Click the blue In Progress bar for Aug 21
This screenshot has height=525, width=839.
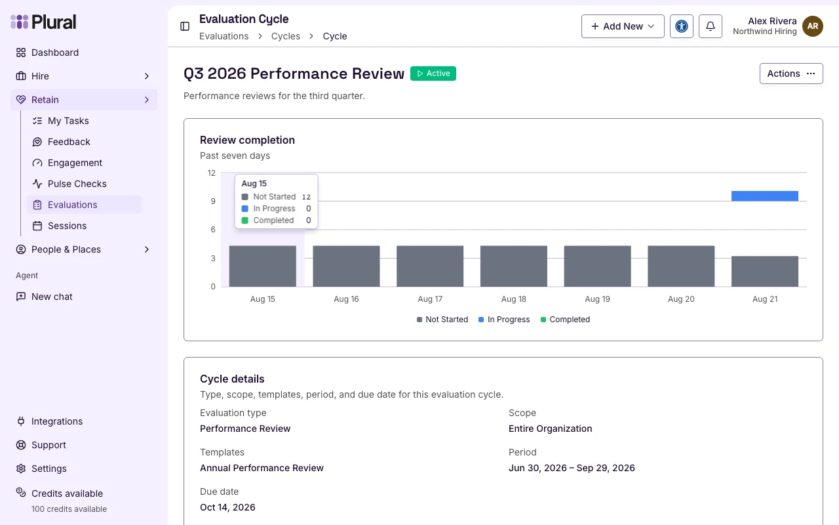click(x=764, y=196)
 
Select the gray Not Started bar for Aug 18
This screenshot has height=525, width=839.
click(x=513, y=266)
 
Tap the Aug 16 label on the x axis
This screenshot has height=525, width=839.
click(x=346, y=299)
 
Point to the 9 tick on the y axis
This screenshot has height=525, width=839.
click(x=213, y=201)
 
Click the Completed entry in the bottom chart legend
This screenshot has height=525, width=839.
click(x=565, y=320)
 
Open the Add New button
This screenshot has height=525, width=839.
click(x=623, y=26)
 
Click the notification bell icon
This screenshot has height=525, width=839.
click(x=710, y=26)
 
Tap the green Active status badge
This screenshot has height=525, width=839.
click(x=433, y=73)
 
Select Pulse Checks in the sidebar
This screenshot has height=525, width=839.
click(x=77, y=184)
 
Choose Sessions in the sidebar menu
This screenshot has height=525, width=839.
click(x=67, y=226)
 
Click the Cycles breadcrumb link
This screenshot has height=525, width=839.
click(x=285, y=36)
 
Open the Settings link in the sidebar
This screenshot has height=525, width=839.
click(x=49, y=469)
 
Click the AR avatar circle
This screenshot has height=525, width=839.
click(x=812, y=26)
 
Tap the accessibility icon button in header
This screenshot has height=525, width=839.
click(x=681, y=26)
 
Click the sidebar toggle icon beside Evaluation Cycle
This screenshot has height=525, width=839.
click(x=185, y=26)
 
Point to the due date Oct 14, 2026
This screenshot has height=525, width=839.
click(x=227, y=507)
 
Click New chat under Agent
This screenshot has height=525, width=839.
click(x=52, y=297)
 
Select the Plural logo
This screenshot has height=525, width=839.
click(x=43, y=22)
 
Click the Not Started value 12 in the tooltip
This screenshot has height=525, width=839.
click(x=306, y=197)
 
